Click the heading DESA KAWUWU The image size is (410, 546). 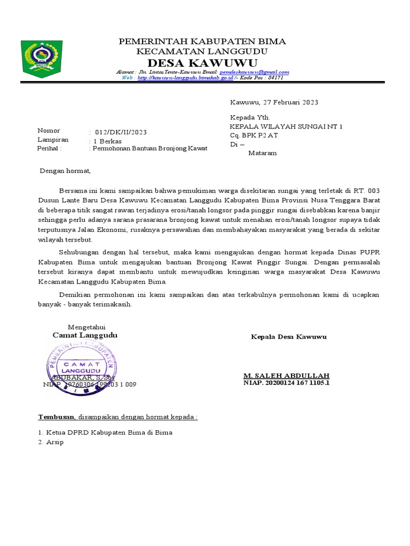(x=202, y=63)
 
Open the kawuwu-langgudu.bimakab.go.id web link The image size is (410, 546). (x=185, y=78)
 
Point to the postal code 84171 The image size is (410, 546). (x=275, y=78)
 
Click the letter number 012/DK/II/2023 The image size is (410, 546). (x=121, y=132)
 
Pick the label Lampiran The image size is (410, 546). (x=50, y=140)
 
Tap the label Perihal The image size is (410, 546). (x=49, y=149)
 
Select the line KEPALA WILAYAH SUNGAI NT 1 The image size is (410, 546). (x=286, y=126)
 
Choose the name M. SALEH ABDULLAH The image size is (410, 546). (x=286, y=375)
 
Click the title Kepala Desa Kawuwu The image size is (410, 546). (x=289, y=337)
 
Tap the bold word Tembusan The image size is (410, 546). (x=57, y=416)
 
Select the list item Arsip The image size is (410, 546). (x=54, y=443)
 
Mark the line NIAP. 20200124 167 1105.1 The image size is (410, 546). (x=287, y=383)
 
